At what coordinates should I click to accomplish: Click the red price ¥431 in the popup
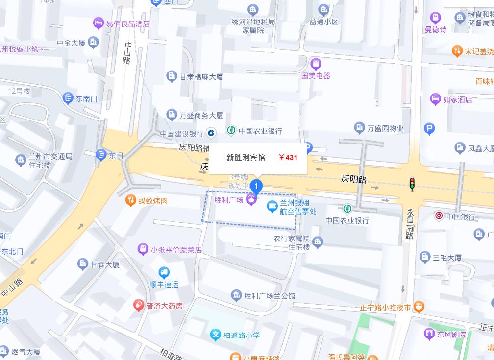point(288,157)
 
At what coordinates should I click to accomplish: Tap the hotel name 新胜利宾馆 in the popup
point(246,157)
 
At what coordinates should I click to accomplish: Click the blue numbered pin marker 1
point(256,186)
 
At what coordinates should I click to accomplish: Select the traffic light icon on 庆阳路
point(412,184)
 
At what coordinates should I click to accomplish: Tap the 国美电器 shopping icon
point(316,63)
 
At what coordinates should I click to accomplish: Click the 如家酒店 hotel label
point(457,99)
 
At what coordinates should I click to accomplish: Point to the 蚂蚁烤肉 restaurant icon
point(130,200)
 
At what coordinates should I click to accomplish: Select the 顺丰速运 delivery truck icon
point(164,272)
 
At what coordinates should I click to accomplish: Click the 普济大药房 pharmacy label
point(165,306)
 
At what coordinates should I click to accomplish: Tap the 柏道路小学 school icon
point(216,335)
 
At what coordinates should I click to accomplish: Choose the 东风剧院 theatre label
point(451,335)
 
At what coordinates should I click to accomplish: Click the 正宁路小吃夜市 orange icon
point(419,307)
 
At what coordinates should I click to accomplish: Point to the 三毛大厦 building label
point(447,257)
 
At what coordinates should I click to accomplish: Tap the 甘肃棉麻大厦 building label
point(201,77)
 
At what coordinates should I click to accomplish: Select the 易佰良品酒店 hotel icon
point(99,23)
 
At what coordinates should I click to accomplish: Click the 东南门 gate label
point(86,98)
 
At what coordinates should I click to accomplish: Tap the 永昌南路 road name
point(410,224)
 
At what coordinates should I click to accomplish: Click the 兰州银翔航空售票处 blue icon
point(272,207)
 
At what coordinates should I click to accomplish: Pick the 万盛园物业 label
point(385,128)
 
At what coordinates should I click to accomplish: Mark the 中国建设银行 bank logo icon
point(211,132)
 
